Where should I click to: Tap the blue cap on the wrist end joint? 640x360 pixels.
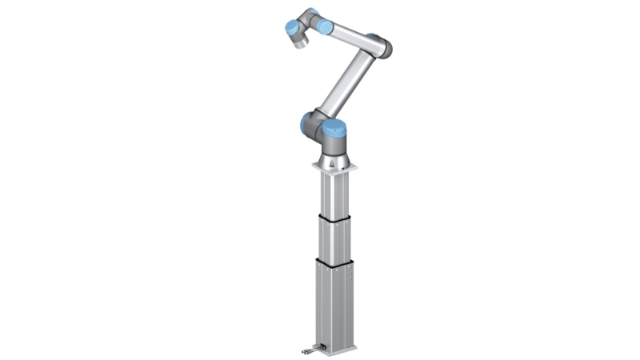tap(292, 30)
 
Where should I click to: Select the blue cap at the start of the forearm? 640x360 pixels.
tap(324, 26)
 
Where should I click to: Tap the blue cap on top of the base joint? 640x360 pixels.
tap(335, 126)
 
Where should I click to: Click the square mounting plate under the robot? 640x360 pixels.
tap(337, 169)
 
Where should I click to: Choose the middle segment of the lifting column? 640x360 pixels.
tap(335, 239)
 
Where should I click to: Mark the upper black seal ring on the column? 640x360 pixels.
tap(335, 216)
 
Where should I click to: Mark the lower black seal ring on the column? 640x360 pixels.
tap(335, 261)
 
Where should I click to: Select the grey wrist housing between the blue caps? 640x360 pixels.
tap(308, 19)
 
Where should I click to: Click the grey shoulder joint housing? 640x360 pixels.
tap(323, 136)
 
